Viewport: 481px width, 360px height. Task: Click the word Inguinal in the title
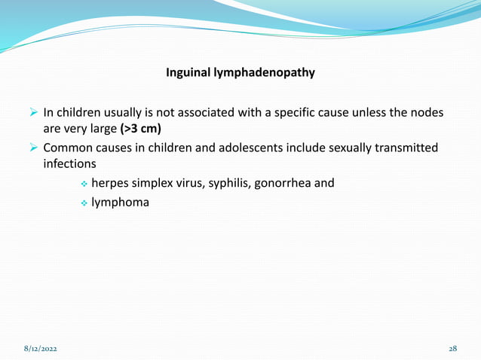pyautogui.click(x=188, y=74)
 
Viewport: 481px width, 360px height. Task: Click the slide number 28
pyautogui.click(x=453, y=349)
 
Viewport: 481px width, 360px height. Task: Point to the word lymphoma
pyautogui.click(x=120, y=202)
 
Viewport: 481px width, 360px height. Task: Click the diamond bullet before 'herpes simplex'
pyautogui.click(x=84, y=183)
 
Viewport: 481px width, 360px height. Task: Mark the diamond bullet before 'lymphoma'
pyautogui.click(x=84, y=203)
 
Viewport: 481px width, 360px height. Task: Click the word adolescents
pyautogui.click(x=248, y=148)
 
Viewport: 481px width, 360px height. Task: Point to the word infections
pyautogui.click(x=74, y=163)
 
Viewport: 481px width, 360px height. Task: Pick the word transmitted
pyautogui.click(x=402, y=148)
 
